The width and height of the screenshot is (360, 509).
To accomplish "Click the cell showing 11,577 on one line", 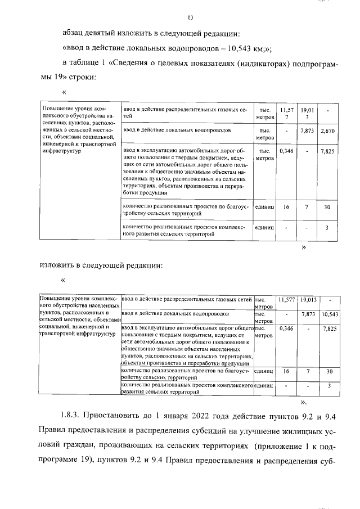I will pos(286,300).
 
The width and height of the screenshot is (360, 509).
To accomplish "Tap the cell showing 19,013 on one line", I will pos(308,300).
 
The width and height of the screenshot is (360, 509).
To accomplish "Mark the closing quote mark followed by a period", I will pos(304,403).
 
